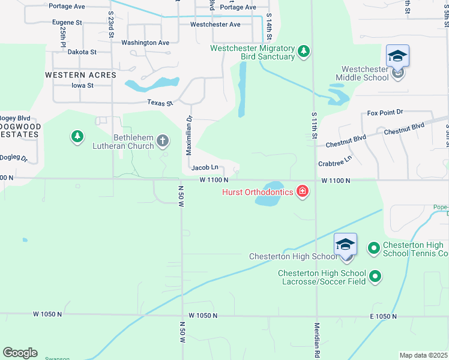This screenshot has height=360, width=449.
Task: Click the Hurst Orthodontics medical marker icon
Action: (303, 192)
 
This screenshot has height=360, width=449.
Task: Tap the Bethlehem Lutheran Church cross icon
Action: (162, 141)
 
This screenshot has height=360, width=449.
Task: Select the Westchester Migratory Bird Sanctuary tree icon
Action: (304, 52)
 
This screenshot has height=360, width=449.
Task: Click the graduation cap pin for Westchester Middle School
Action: (397, 56)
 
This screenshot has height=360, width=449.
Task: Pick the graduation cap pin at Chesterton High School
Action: (345, 244)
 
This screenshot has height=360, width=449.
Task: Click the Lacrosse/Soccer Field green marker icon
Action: (376, 277)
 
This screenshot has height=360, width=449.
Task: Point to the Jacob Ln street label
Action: (204, 168)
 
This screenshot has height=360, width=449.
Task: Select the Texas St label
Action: (161, 103)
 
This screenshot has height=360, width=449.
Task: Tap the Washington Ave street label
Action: (145, 43)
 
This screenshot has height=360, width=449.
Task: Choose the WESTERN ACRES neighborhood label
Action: (80, 75)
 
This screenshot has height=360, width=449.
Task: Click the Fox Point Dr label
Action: (385, 112)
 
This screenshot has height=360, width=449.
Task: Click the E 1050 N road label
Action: (384, 316)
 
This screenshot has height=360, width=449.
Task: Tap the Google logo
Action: (19, 353)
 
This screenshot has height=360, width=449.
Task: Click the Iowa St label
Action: (82, 86)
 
